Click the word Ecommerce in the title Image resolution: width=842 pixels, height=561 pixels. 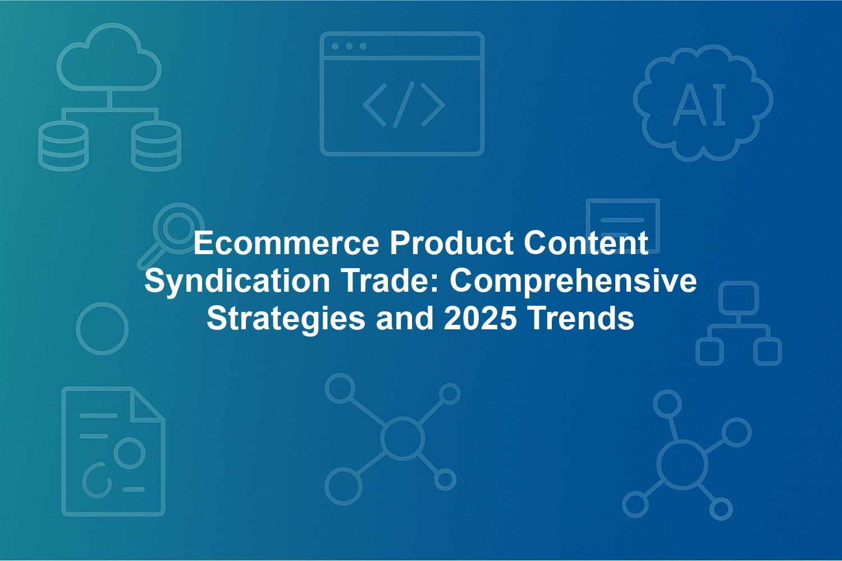coord(286,243)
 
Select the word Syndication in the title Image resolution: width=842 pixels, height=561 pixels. coord(237,281)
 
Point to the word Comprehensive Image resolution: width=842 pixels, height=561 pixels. coord(573,281)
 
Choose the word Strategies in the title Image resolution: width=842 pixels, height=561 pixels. coord(286,319)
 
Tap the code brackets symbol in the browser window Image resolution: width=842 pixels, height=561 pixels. coord(404,104)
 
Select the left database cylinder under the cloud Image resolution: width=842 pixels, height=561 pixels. coord(63,146)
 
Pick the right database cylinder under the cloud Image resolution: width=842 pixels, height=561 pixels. coord(156,146)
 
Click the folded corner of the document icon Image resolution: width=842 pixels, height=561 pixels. coord(147,403)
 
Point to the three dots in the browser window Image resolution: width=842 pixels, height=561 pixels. coord(349,46)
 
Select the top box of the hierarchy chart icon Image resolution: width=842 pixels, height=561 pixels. coord(739,298)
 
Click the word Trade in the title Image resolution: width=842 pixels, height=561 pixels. coord(390,281)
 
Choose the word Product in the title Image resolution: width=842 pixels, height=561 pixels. coord(451,243)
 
